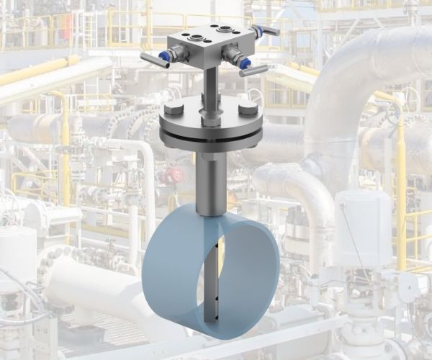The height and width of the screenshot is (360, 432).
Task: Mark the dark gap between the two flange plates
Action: tap(209, 135)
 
